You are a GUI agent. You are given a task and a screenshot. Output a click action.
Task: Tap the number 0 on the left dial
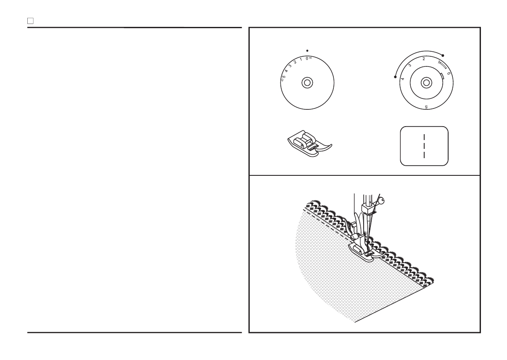pyautogui.click(x=307, y=58)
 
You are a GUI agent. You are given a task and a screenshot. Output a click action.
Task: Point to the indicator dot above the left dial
pyautogui.click(x=307, y=50)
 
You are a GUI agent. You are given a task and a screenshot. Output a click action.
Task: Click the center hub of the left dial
pyautogui.click(x=307, y=82)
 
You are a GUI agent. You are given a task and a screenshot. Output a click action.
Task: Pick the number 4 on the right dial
pyautogui.click(x=403, y=79)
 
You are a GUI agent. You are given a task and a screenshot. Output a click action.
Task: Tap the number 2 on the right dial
pyautogui.click(x=424, y=59)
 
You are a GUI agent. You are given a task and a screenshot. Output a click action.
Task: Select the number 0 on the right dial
pyautogui.click(x=449, y=73)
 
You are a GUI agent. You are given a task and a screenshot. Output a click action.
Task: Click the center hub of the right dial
pyautogui.click(x=426, y=82)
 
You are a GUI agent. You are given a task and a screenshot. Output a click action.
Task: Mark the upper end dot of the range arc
pyautogui.click(x=443, y=55)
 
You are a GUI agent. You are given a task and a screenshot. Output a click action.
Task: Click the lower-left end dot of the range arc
pyautogui.click(x=395, y=77)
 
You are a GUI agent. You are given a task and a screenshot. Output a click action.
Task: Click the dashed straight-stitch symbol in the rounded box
pyautogui.click(x=424, y=146)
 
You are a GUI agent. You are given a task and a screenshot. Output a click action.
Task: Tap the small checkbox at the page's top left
pyautogui.click(x=30, y=20)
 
